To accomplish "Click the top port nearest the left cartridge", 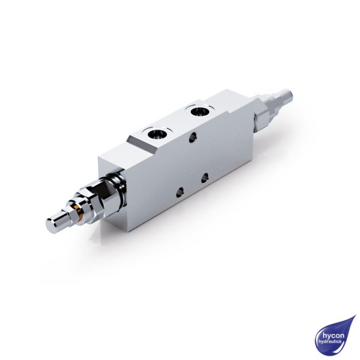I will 156,133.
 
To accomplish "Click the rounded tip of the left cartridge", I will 54,226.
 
